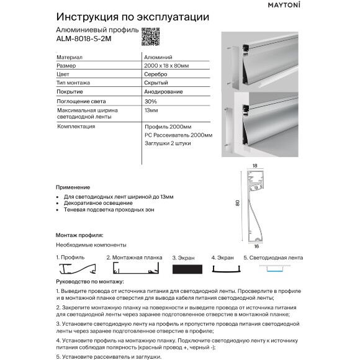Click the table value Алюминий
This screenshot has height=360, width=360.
155,56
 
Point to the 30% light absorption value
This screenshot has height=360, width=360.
150,101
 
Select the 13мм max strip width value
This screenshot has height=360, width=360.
150,110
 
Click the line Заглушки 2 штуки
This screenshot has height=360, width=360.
167,143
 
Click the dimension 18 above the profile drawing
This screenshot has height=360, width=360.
254,166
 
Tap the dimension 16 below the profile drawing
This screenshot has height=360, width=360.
256,246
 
